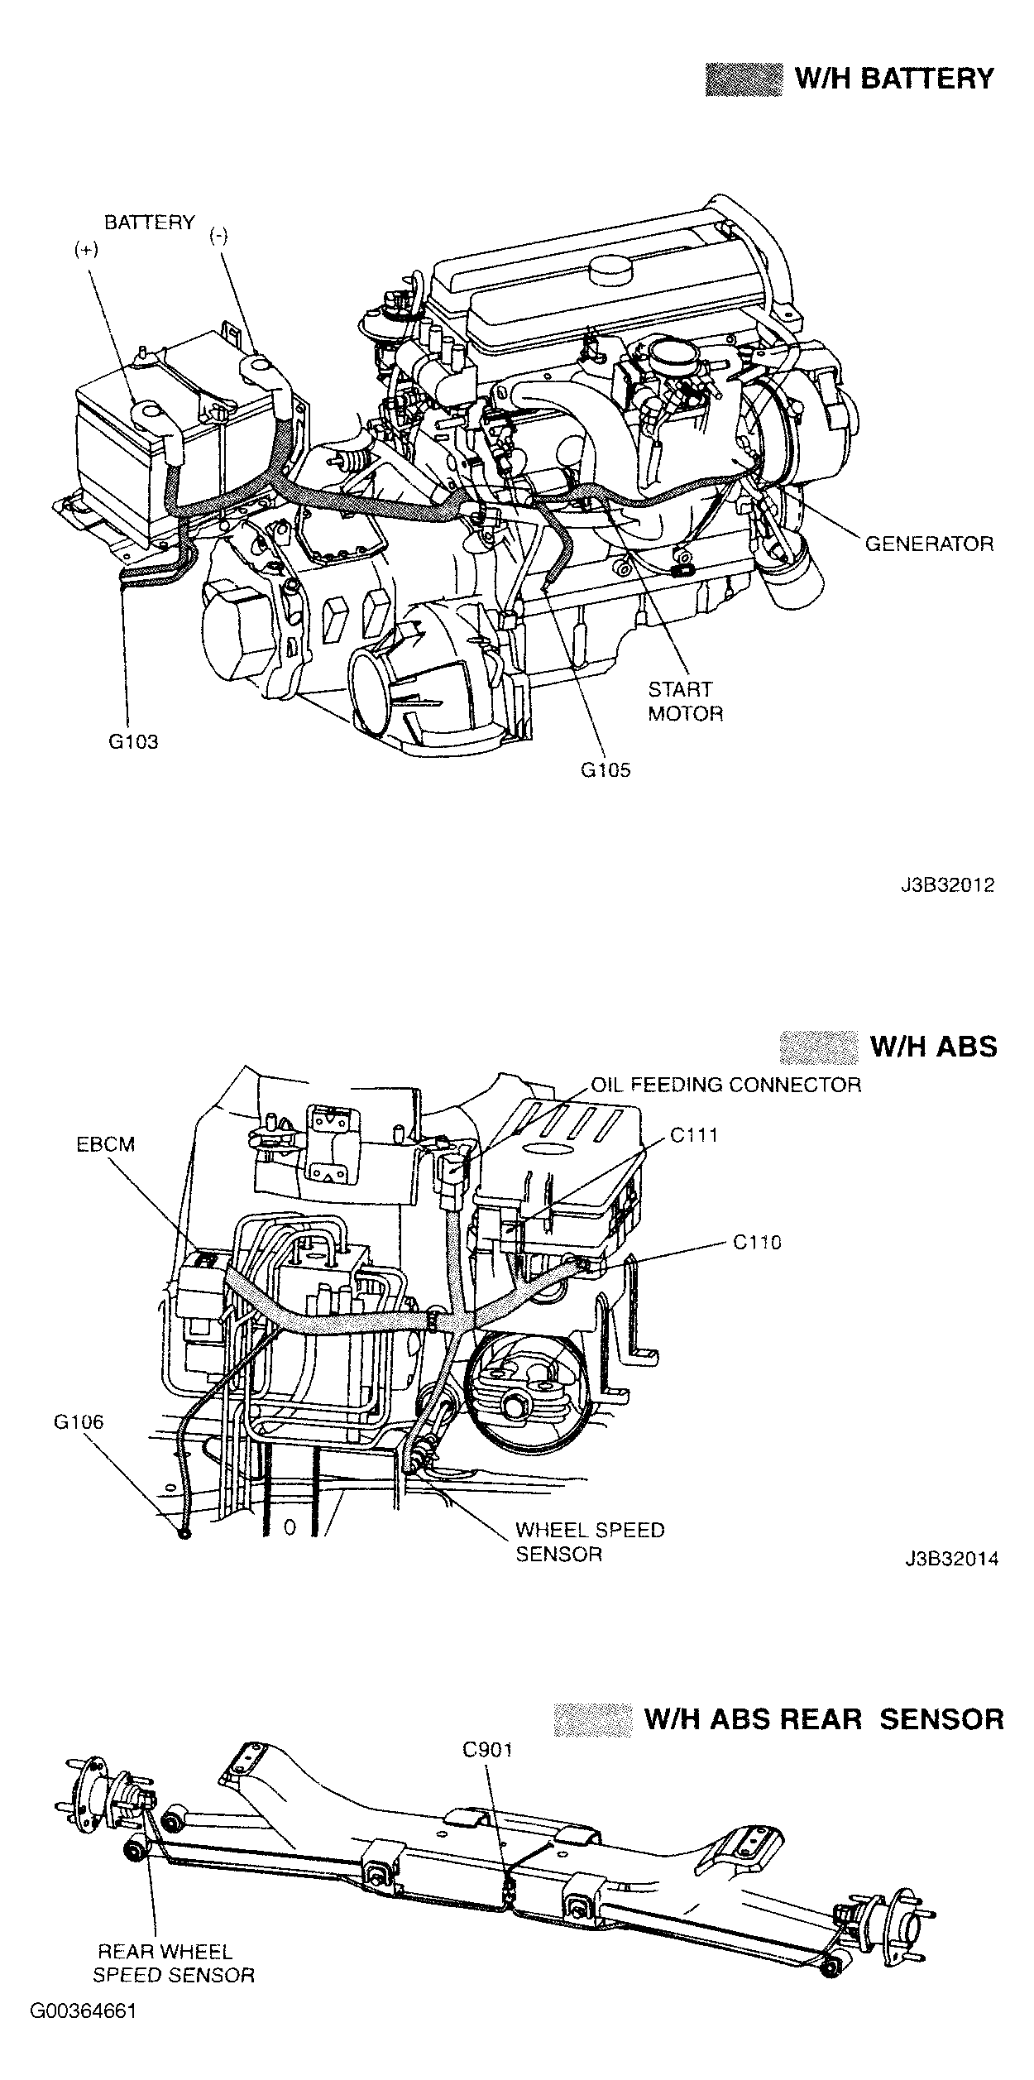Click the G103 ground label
[x=133, y=741]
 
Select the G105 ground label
[x=605, y=770]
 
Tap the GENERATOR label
[x=929, y=544]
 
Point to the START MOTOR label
[x=685, y=702]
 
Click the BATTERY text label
[x=149, y=223]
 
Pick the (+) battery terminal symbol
[x=85, y=251]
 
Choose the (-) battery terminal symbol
[x=219, y=236]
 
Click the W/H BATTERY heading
[x=893, y=79]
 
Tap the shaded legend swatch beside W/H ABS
[x=818, y=1047]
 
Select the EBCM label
[x=105, y=1144]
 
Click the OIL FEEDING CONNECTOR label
[x=725, y=1085]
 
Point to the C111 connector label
[x=694, y=1135]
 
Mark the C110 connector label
[x=757, y=1242]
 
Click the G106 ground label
[x=79, y=1422]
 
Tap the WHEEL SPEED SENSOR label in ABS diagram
[x=589, y=1541]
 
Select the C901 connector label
[x=487, y=1750]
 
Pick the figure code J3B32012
[x=947, y=884]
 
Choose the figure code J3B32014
[x=950, y=1560]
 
